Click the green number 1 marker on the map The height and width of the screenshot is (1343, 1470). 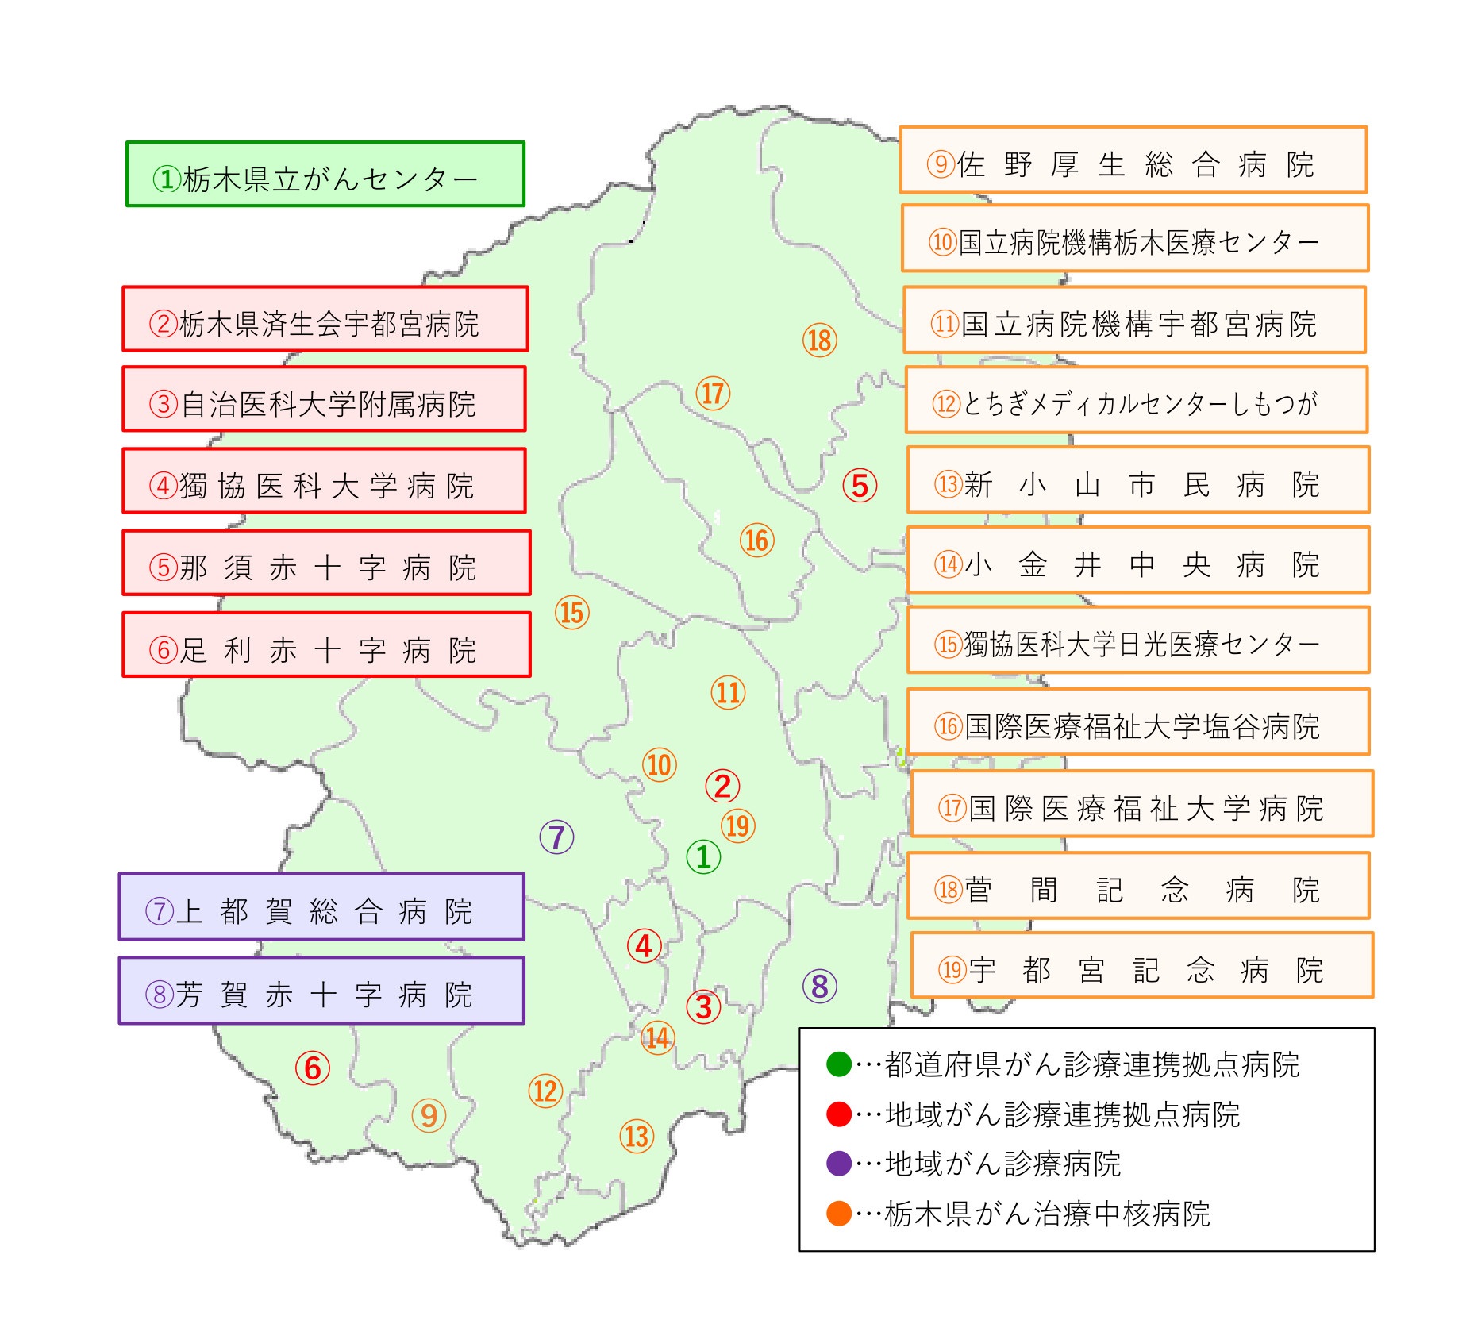(703, 856)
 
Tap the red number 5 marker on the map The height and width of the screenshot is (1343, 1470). (860, 486)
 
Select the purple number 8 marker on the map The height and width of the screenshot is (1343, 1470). (820, 987)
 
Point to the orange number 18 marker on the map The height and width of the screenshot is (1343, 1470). (819, 341)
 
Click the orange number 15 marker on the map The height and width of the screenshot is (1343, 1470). (571, 613)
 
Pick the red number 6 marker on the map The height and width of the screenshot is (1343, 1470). (313, 1068)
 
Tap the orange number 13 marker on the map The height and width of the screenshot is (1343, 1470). (637, 1136)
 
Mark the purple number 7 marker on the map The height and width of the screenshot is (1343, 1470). (556, 837)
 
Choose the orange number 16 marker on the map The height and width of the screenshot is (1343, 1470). (756, 541)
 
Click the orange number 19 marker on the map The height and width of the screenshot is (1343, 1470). (737, 825)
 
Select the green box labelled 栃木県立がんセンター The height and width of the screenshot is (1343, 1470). (325, 175)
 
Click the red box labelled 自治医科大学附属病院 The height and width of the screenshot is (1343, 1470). (324, 399)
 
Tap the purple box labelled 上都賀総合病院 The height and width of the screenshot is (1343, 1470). (321, 907)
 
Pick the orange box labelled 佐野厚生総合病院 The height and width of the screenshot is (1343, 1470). (1133, 160)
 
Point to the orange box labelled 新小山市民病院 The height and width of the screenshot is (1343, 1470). (1138, 480)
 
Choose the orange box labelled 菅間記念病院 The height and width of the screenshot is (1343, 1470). (1138, 886)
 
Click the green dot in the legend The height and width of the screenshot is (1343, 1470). (839, 1064)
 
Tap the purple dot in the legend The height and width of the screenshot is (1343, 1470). (839, 1164)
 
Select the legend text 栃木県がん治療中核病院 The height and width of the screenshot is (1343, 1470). (1047, 1214)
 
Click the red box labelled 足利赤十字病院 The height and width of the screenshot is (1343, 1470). (326, 645)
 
